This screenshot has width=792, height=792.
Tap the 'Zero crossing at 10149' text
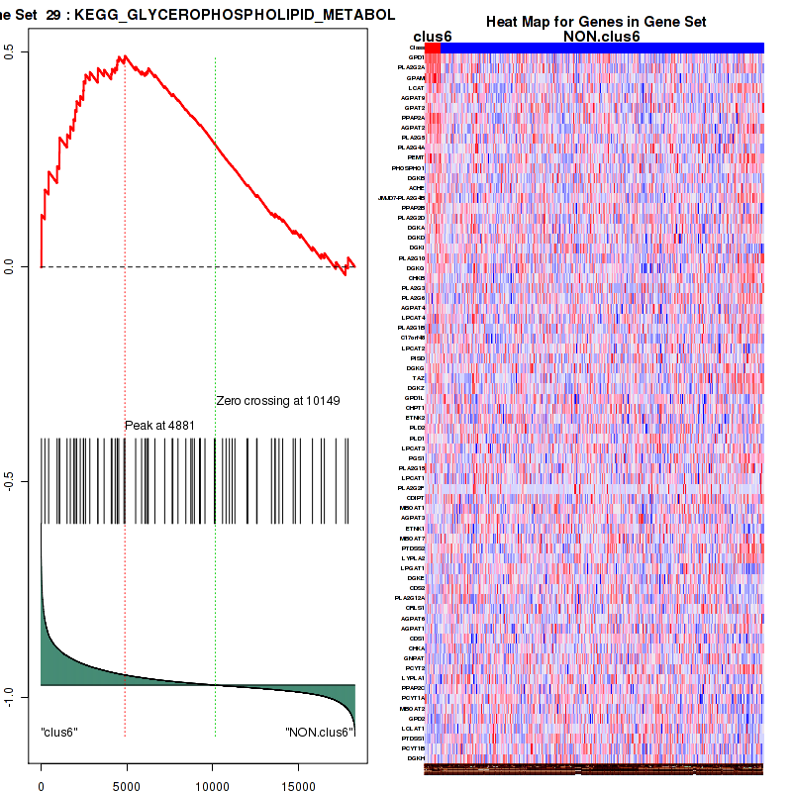click(x=278, y=401)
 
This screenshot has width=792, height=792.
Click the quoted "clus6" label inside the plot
click(x=59, y=732)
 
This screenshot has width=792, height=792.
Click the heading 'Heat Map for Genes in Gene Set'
click(x=595, y=22)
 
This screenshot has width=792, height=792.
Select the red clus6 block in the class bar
click(x=433, y=48)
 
